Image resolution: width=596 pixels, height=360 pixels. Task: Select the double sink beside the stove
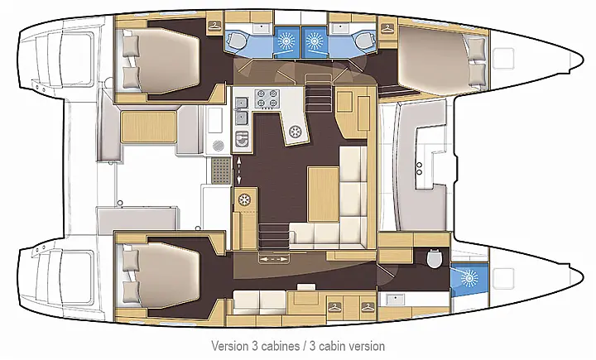pyautogui.click(x=241, y=103)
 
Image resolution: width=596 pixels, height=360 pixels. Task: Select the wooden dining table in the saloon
pyautogui.click(x=322, y=186)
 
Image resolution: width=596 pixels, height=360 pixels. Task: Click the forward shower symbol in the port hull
pyautogui.click(x=317, y=39)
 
